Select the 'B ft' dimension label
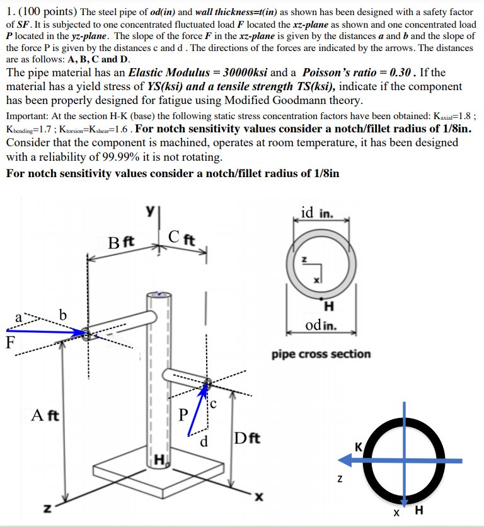coord(120,242)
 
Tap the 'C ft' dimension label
coord(183,238)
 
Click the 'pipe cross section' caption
coord(321,354)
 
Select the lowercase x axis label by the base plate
coord(257,497)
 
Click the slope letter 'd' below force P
coord(204,441)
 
